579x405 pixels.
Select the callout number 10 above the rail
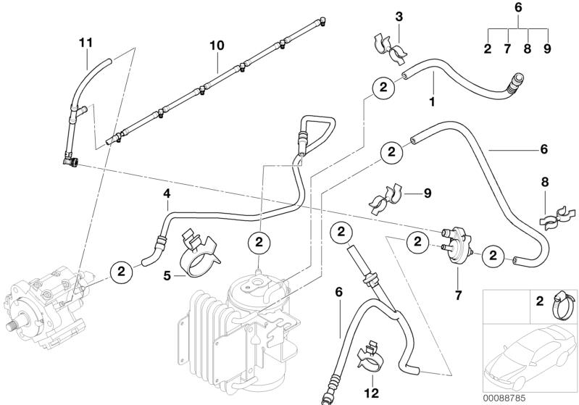tap(217, 45)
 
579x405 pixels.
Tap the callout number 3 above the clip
tap(398, 16)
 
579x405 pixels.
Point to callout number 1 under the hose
tap(432, 102)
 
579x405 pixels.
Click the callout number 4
tap(167, 193)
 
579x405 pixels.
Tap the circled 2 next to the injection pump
tap(121, 271)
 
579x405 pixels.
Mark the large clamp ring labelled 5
tap(197, 257)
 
